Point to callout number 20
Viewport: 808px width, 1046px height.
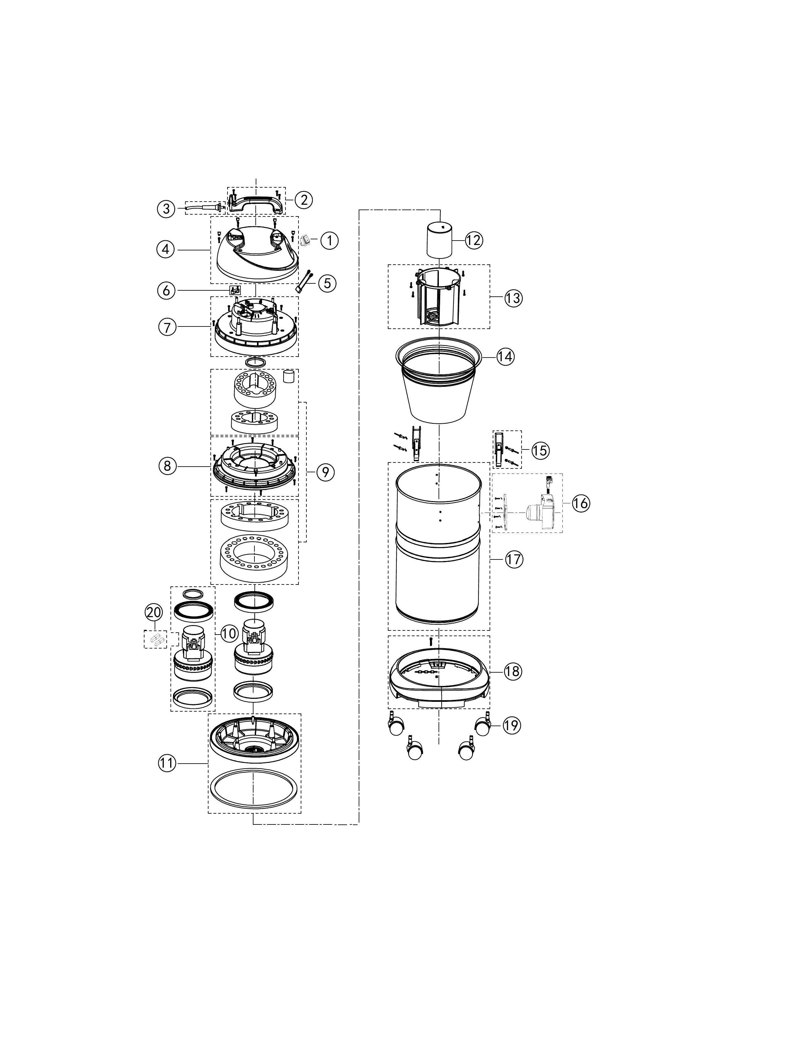point(154,612)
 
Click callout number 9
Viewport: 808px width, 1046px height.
point(325,472)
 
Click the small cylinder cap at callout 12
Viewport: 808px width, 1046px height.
point(440,241)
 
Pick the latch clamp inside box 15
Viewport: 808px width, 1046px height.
point(500,449)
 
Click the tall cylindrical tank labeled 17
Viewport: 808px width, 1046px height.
point(439,546)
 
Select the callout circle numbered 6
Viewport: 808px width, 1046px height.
point(166,291)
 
